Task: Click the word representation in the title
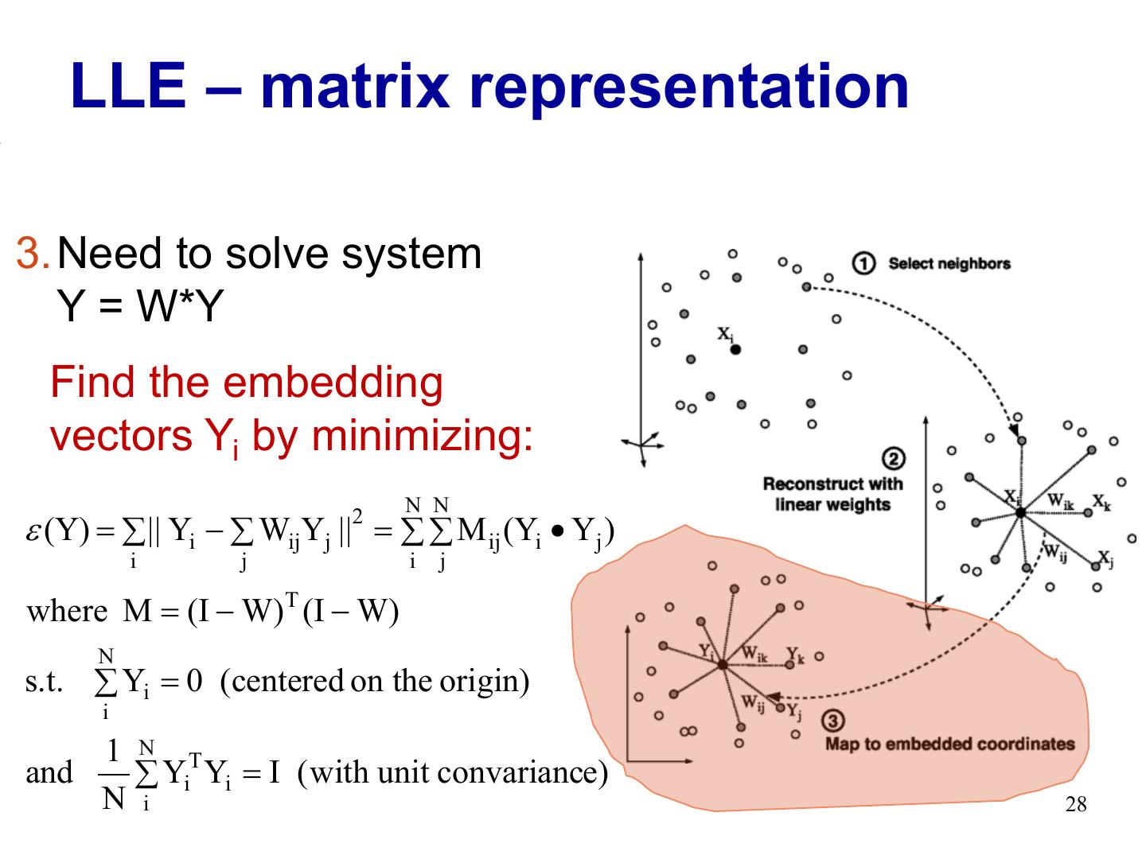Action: [x=689, y=87]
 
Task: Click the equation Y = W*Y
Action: [x=140, y=306]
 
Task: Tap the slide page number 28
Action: [x=1075, y=805]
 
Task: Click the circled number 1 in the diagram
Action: [x=863, y=263]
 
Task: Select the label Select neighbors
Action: [x=949, y=263]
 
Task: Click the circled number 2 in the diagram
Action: [x=893, y=459]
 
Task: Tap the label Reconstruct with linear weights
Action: [x=832, y=494]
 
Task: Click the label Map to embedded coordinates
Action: [x=949, y=744]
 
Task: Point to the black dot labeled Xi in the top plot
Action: [x=735, y=349]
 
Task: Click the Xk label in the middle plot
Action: [x=1101, y=502]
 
